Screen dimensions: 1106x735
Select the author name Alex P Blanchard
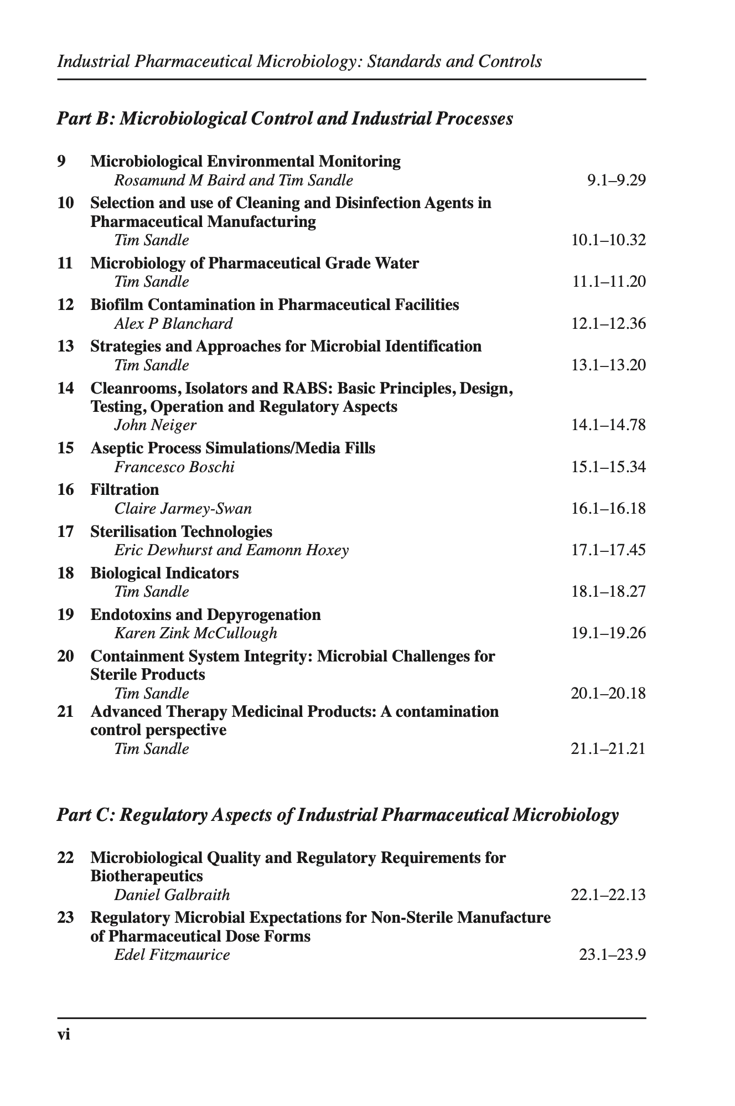[x=173, y=323]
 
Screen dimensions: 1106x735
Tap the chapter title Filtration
[x=125, y=489]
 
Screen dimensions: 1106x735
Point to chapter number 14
[x=65, y=388]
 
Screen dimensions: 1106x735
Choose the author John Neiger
[x=155, y=425]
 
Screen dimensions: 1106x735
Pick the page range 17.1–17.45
[x=608, y=550]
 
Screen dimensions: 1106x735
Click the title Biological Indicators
[x=164, y=573]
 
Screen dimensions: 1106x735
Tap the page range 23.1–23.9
[x=612, y=954]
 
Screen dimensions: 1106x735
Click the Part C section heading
[x=337, y=815]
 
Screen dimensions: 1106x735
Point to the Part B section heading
[x=284, y=118]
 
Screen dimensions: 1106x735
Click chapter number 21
[x=65, y=711]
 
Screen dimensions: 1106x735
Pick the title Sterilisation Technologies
[x=181, y=531]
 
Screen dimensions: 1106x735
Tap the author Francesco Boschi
[x=174, y=467]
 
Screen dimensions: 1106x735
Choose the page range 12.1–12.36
[x=608, y=323]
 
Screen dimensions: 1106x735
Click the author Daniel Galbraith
[x=172, y=895]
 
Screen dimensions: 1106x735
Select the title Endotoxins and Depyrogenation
[x=205, y=614]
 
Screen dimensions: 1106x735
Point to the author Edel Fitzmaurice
[x=172, y=954]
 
